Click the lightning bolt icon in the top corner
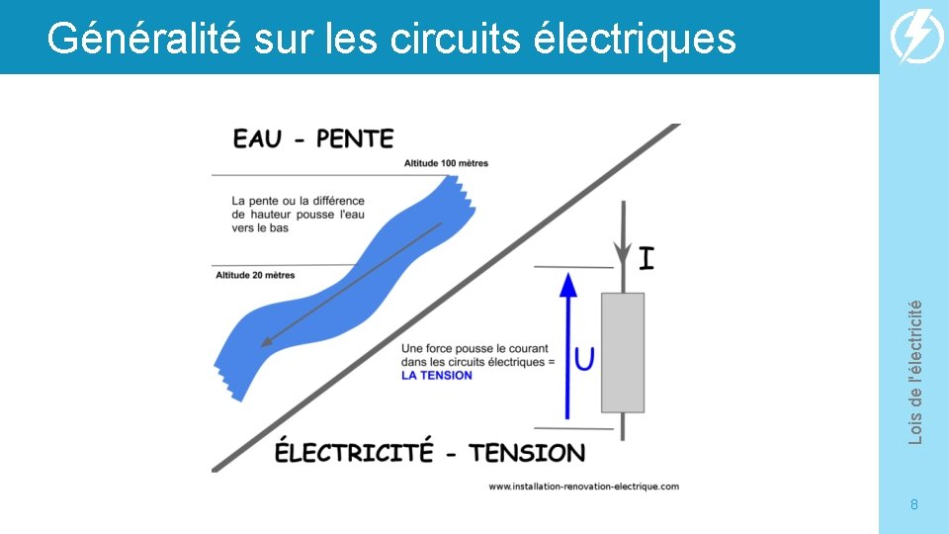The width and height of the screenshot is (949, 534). [x=917, y=38]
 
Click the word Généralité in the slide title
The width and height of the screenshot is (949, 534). [x=142, y=40]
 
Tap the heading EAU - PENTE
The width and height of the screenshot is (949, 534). [x=313, y=138]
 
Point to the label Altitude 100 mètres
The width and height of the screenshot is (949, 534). [x=446, y=163]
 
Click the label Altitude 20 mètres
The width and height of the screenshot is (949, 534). [x=255, y=275]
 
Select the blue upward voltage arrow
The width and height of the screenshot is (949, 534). [x=567, y=346]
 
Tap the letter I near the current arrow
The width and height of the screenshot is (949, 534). [x=647, y=259]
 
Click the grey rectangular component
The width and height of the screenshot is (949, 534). [x=623, y=352]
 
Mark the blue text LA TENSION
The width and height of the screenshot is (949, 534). [x=437, y=376]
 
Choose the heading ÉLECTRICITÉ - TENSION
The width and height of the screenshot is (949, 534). [x=430, y=453]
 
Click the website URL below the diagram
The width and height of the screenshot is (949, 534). [x=584, y=486]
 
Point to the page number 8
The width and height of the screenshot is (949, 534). [x=914, y=505]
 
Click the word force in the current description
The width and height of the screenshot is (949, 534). [x=445, y=349]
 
